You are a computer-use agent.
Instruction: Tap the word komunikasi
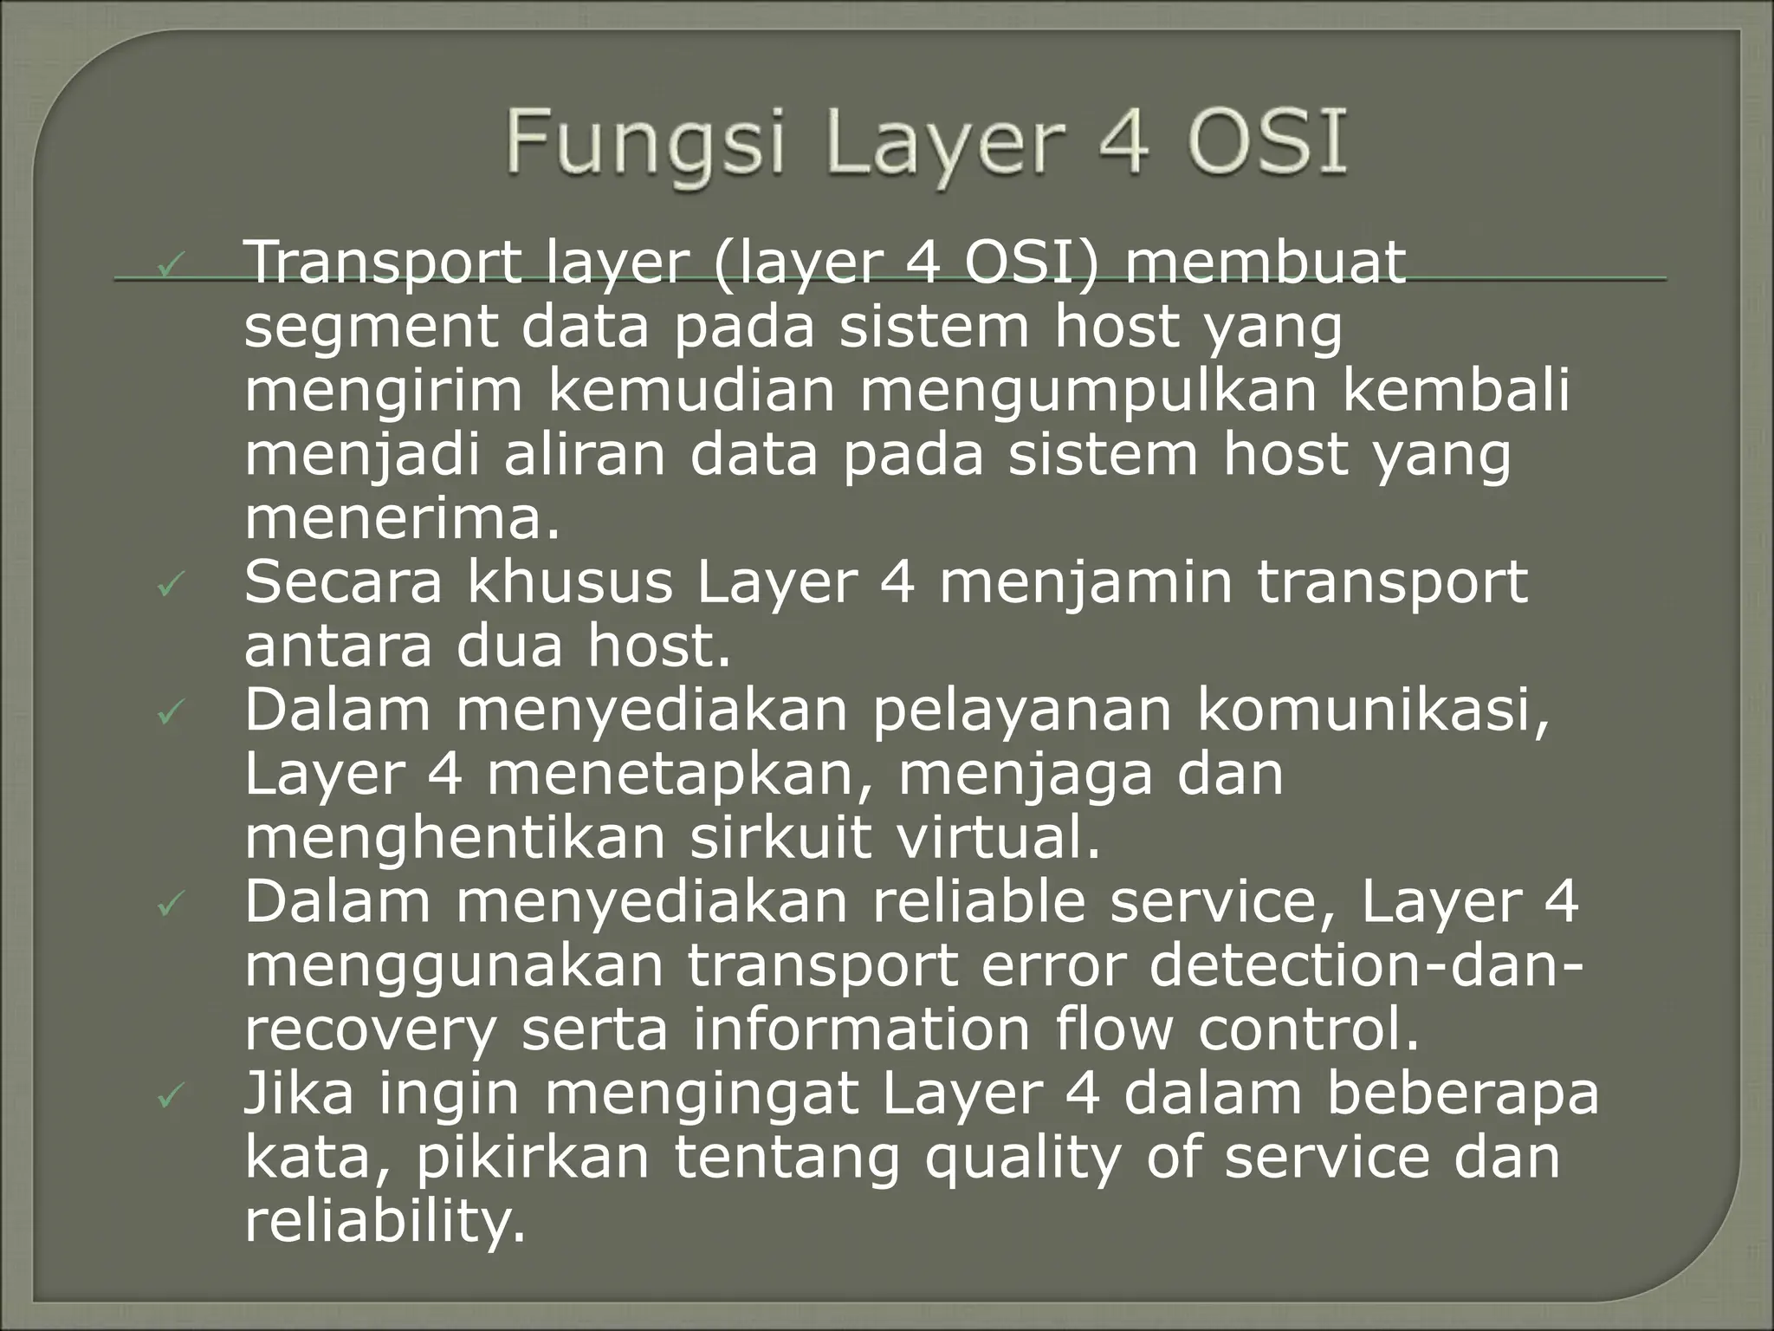pos(1373,711)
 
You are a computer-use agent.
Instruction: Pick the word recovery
pos(371,1031)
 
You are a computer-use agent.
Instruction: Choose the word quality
pos(1024,1159)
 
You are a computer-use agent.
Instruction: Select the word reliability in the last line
pos(385,1221)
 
